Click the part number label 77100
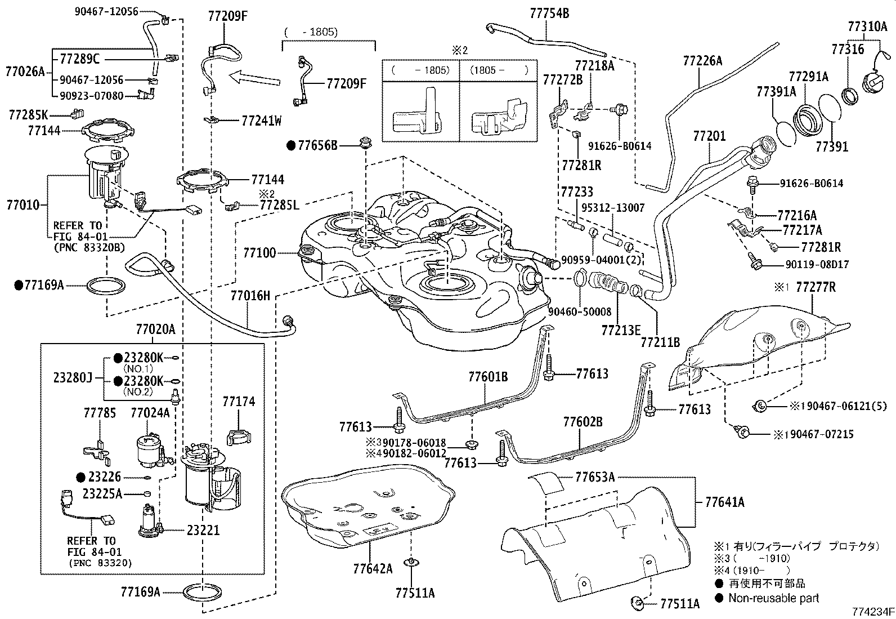(x=259, y=253)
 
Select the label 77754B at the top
(x=549, y=14)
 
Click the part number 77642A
(x=373, y=568)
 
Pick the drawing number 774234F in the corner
(x=872, y=612)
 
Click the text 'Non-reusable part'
(x=774, y=598)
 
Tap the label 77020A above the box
(x=155, y=329)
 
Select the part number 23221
(x=203, y=530)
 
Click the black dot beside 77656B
(x=291, y=146)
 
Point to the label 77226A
(x=703, y=61)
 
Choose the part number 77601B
(x=488, y=377)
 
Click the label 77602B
(x=583, y=422)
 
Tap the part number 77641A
(x=725, y=502)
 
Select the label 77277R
(x=816, y=287)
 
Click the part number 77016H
(x=250, y=296)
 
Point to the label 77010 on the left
(x=23, y=206)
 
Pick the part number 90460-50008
(x=580, y=311)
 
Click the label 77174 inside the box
(x=239, y=402)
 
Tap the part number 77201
(x=709, y=136)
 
